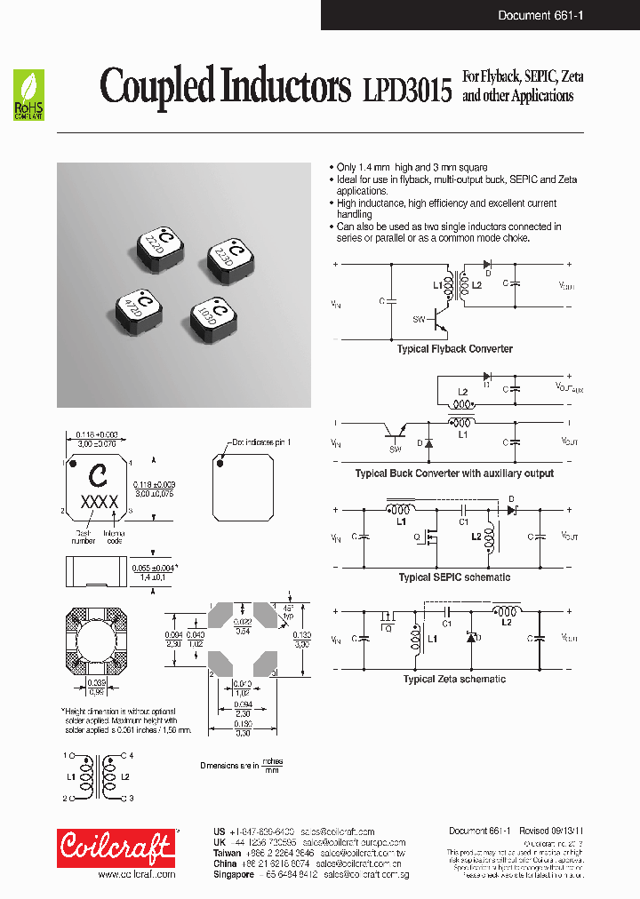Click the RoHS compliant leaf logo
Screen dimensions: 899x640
click(x=29, y=95)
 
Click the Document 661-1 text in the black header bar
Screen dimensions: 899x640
click(x=540, y=15)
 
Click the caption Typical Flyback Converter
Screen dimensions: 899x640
click(x=454, y=349)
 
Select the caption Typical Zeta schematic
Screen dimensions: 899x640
click(x=454, y=679)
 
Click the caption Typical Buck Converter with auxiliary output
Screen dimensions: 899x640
click(x=454, y=473)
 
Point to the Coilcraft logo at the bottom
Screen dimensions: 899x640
click(x=116, y=847)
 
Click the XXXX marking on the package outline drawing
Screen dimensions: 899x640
click(x=100, y=502)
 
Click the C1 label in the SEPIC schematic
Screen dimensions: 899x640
click(x=463, y=522)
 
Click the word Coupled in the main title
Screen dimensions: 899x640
click(x=156, y=86)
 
